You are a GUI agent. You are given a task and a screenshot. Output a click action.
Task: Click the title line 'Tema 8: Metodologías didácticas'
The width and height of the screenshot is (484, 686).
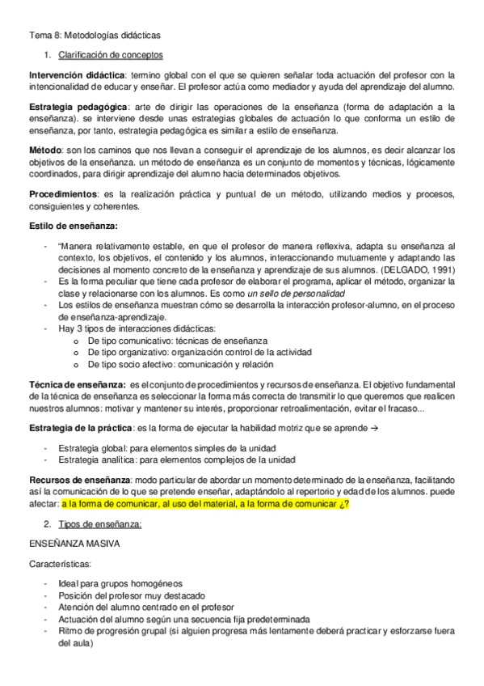[95, 35]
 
